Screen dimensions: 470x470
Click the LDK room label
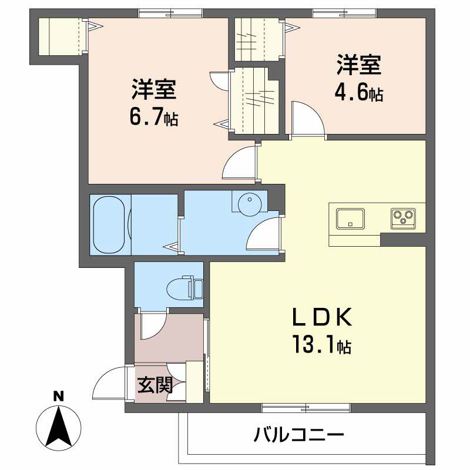coord(323,318)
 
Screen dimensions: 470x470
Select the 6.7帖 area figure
coord(154,117)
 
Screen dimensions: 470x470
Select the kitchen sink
coord(350,218)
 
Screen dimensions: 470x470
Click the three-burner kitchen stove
coord(404,218)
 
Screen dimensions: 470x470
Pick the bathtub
coord(108,224)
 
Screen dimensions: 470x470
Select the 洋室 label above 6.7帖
coord(154,91)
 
